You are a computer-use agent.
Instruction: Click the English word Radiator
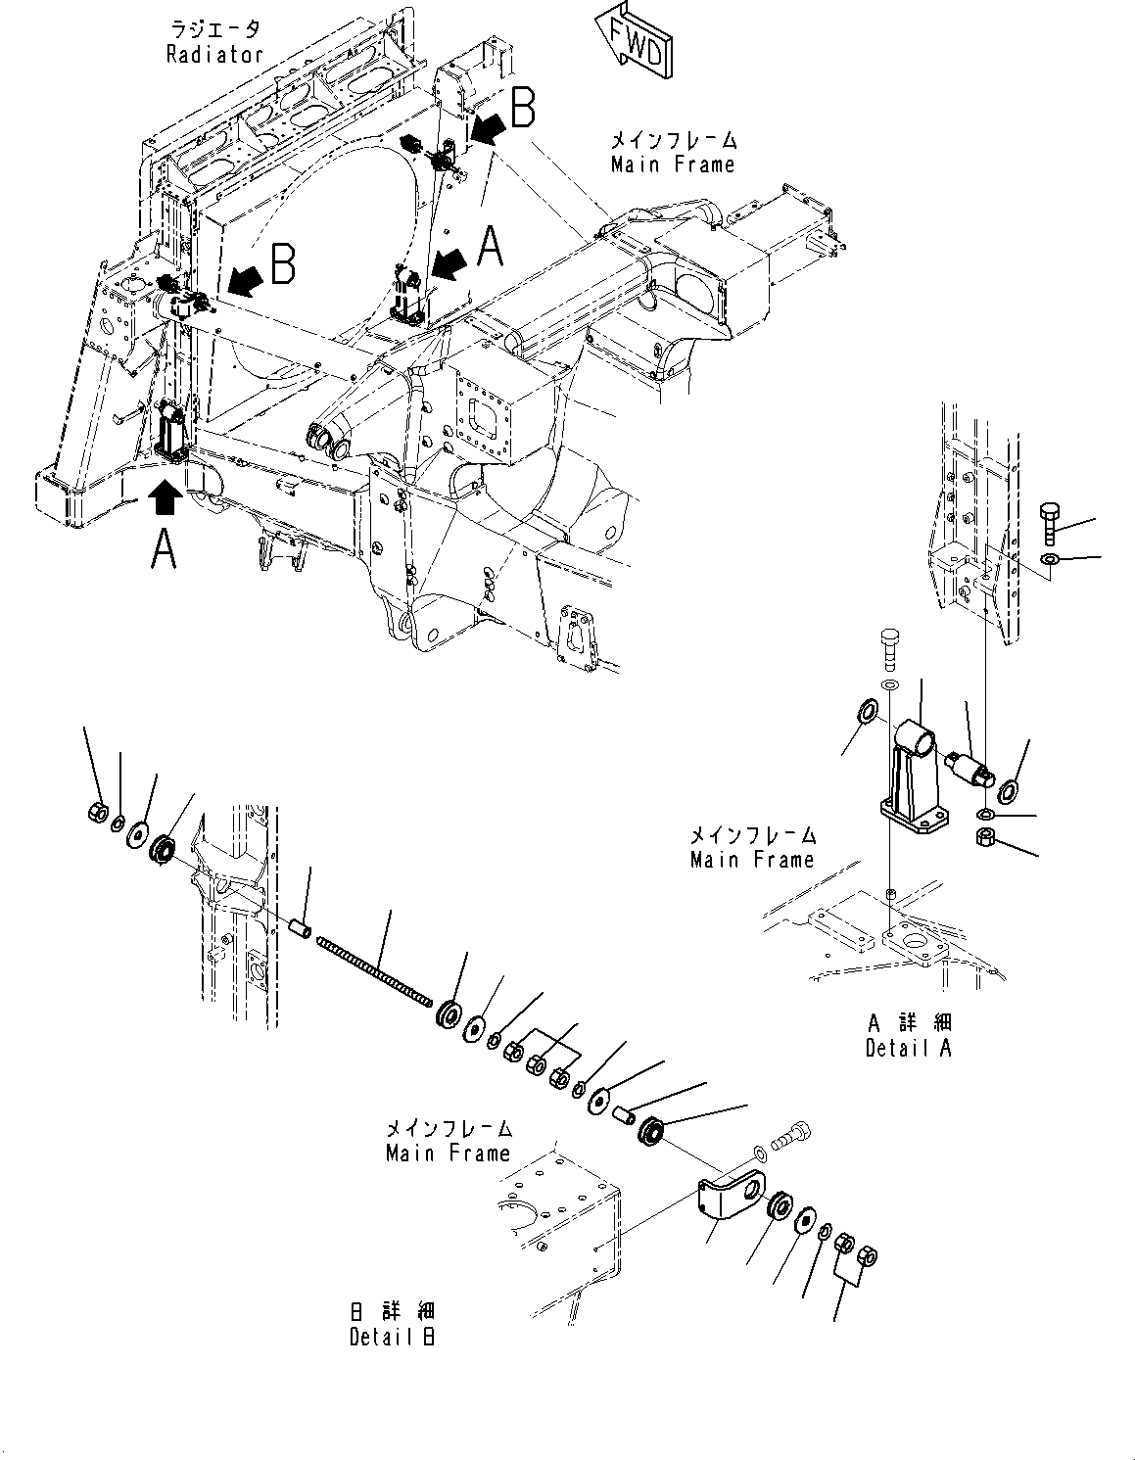click(x=214, y=55)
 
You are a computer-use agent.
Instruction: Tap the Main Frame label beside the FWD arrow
click(x=672, y=165)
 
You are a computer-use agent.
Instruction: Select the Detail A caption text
click(x=908, y=1048)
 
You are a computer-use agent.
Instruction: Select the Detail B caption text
click(x=393, y=1337)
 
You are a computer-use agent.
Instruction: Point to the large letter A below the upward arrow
click(x=164, y=550)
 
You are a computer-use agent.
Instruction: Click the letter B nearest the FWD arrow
click(x=523, y=108)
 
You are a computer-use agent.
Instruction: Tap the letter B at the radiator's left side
click(x=283, y=264)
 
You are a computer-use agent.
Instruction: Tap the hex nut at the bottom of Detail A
click(x=986, y=837)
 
